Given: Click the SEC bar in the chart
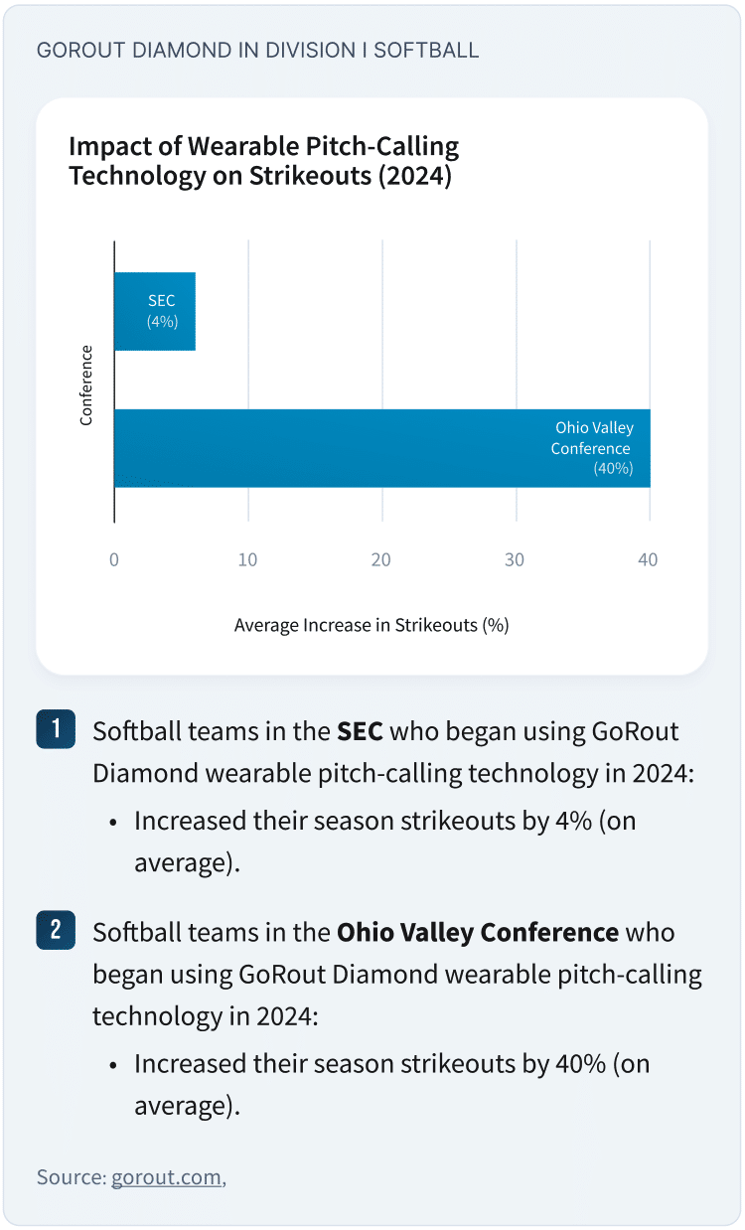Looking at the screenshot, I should [154, 311].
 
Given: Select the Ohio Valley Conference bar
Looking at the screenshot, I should [381, 448].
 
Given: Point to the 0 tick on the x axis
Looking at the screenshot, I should [114, 560].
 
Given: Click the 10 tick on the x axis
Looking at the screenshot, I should [247, 560].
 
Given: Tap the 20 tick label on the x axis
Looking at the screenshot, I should [381, 560].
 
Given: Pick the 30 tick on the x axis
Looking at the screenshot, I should [515, 560].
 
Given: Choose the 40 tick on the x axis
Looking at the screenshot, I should [648, 560].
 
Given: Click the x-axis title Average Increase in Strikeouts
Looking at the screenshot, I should [372, 626].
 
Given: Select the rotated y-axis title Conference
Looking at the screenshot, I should [86, 385].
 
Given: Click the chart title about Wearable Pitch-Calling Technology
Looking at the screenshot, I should [263, 162].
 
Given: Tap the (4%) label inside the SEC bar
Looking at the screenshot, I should [162, 321].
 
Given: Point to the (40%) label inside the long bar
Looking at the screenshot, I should [612, 469].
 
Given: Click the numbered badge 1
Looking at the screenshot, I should [56, 728].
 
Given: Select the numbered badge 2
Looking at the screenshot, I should [56, 930].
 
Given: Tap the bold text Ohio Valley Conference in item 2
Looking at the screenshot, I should [478, 933].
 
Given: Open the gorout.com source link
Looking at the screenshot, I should [166, 1177].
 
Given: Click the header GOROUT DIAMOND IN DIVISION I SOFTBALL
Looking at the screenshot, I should [257, 50].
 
